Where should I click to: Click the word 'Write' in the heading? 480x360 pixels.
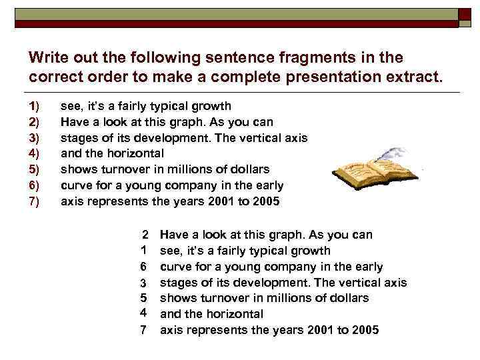pos(48,57)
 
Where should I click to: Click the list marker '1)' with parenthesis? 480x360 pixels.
pos(35,106)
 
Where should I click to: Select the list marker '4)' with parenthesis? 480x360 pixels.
pos(35,153)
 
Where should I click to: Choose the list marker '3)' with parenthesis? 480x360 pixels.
pos(35,138)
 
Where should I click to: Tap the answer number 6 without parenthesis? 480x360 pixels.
pos(143,267)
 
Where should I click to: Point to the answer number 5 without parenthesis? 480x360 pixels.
pos(143,298)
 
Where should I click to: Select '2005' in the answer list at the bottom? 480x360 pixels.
pos(364,330)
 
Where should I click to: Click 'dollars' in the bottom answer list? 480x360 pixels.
pos(348,298)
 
